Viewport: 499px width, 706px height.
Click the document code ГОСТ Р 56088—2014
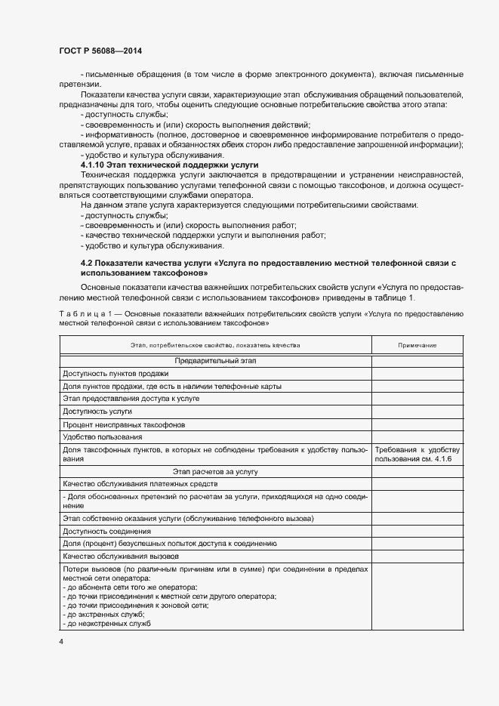100,51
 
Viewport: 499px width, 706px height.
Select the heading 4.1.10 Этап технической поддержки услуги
169,164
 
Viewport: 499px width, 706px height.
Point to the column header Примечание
417,345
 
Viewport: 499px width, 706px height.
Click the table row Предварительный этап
215,362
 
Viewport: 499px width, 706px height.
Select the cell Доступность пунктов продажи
116,374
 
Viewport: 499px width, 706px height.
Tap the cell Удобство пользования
103,437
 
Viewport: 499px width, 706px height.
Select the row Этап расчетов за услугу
215,471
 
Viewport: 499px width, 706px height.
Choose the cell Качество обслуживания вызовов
116,556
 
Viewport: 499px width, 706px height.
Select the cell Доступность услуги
98,412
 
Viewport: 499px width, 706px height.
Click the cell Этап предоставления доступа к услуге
131,398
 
